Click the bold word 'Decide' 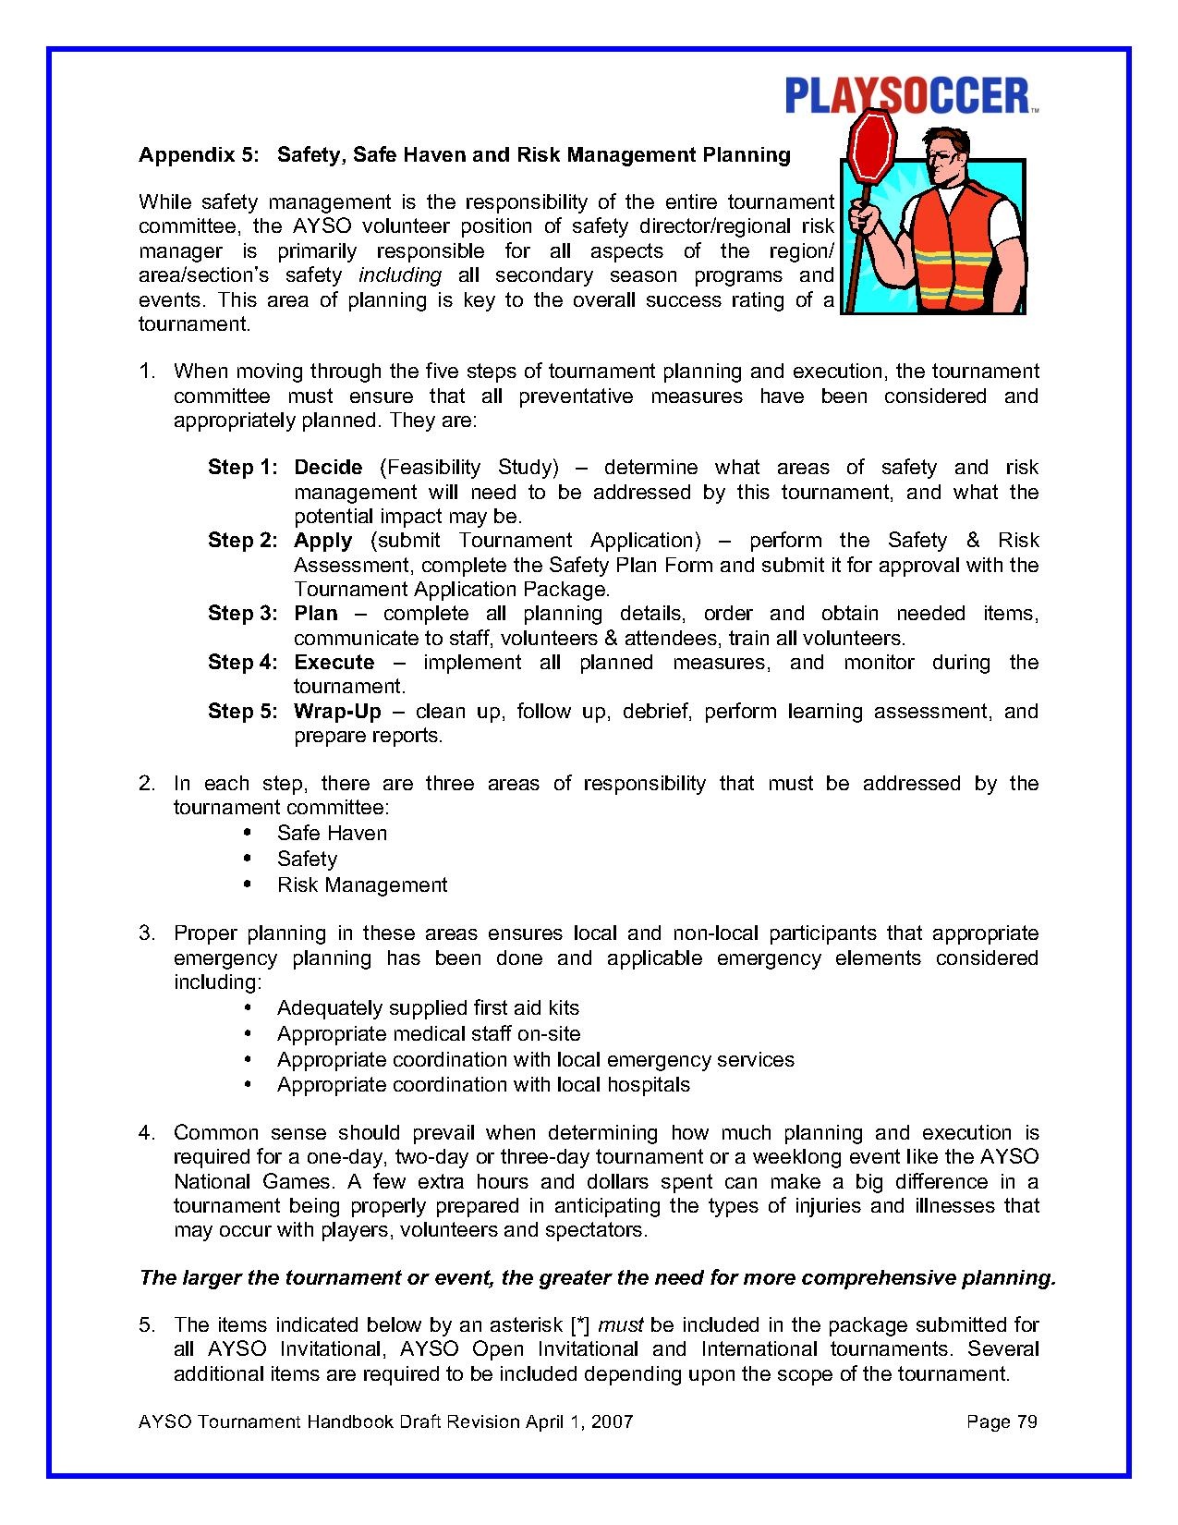(x=328, y=468)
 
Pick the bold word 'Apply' (x=322, y=541)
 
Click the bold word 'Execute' (x=334, y=663)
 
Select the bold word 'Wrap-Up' (x=337, y=712)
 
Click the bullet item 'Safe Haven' (x=332, y=834)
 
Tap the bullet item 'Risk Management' (x=362, y=885)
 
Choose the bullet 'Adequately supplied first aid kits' (x=428, y=1008)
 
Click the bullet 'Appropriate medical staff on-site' (x=429, y=1034)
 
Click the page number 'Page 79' (x=1002, y=1421)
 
